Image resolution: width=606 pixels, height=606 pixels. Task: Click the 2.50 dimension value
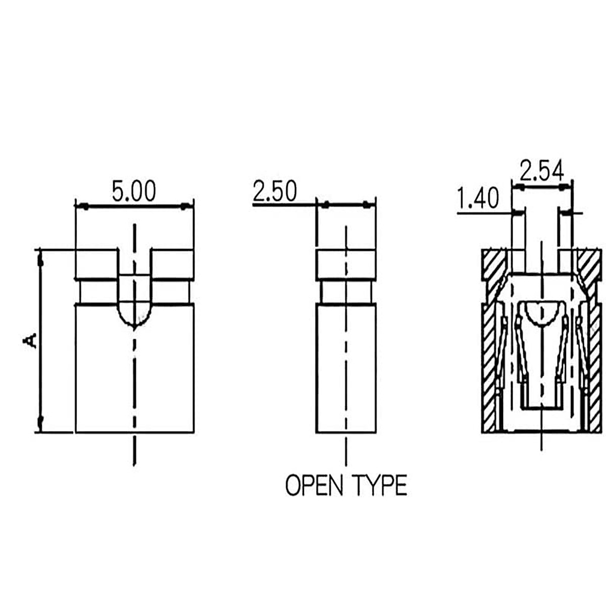[x=275, y=191]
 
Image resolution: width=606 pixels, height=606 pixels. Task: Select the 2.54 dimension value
[x=541, y=171]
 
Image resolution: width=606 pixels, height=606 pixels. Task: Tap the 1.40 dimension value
[x=478, y=198]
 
